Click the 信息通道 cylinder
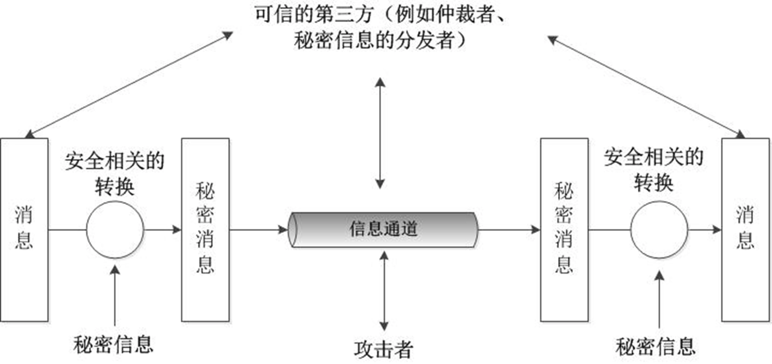[383, 229]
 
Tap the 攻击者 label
[383, 349]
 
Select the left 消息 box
[24, 229]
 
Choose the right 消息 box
[745, 229]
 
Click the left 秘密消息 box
[205, 229]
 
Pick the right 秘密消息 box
[564, 229]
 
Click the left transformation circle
[115, 229]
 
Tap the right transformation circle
[659, 229]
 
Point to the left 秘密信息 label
[113, 344]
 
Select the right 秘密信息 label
[655, 346]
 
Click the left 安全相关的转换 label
[114, 173]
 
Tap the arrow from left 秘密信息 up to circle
[115, 295]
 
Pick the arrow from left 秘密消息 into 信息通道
[258, 229]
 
